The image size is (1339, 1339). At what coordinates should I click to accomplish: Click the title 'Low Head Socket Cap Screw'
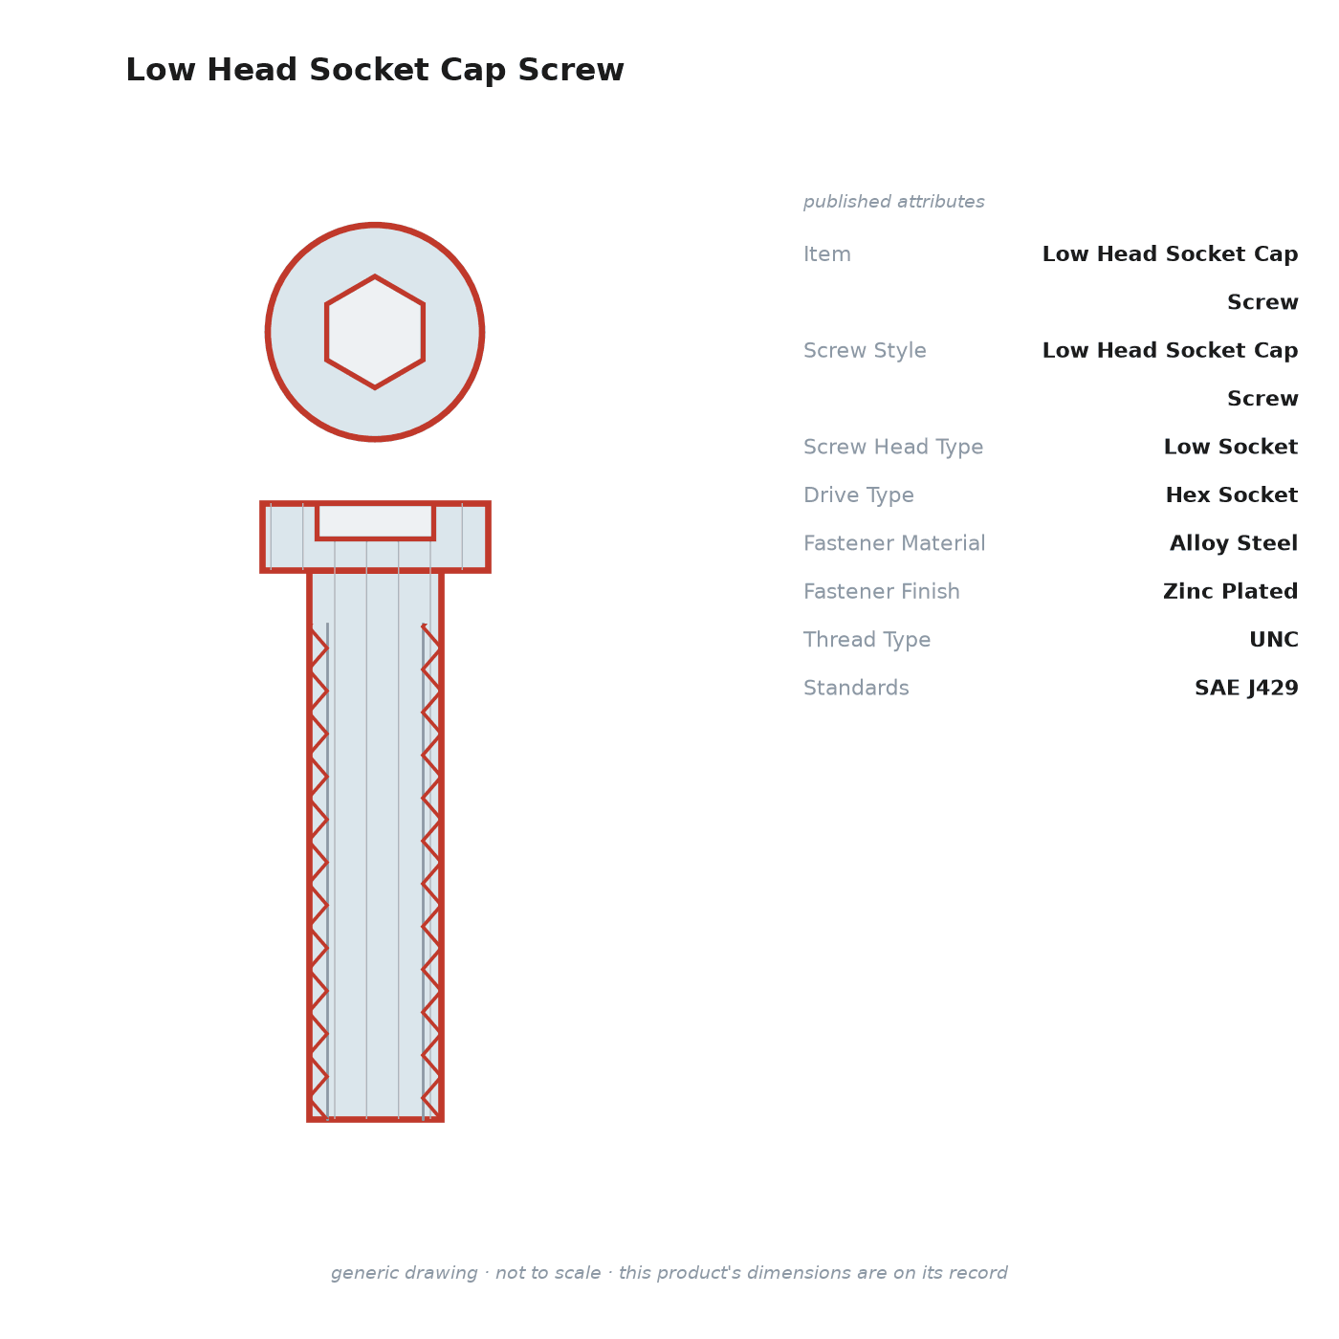pyautogui.click(x=375, y=70)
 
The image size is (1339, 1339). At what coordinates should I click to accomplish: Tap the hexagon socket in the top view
pyautogui.click(x=375, y=332)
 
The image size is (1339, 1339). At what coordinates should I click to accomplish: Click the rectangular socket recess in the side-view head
pyautogui.click(x=375, y=521)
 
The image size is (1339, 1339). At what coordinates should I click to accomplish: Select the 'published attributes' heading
pyautogui.click(x=893, y=202)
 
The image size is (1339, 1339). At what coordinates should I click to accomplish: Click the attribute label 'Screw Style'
pyautogui.click(x=865, y=350)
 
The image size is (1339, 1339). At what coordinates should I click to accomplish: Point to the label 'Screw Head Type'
pyautogui.click(x=893, y=447)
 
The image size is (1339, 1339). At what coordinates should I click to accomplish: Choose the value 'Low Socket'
pyautogui.click(x=1231, y=447)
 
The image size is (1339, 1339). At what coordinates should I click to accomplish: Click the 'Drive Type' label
pyautogui.click(x=858, y=494)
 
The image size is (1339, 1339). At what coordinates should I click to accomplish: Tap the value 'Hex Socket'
pyautogui.click(x=1231, y=494)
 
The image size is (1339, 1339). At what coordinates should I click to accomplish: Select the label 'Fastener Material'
pyautogui.click(x=894, y=543)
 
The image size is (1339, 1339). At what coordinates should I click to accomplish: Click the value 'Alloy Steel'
pyautogui.click(x=1234, y=543)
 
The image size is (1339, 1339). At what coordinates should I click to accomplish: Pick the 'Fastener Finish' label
pyautogui.click(x=881, y=591)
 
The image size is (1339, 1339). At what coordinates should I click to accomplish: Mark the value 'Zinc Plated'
pyautogui.click(x=1230, y=591)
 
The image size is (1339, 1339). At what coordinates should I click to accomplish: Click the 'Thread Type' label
pyautogui.click(x=867, y=639)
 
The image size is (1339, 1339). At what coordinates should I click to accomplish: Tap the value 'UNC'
pyautogui.click(x=1274, y=639)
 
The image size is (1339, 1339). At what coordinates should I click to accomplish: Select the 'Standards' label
pyautogui.click(x=856, y=688)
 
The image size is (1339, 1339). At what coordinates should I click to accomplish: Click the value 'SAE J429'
pyautogui.click(x=1246, y=688)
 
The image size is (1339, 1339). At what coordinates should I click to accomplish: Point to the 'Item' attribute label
pyautogui.click(x=827, y=254)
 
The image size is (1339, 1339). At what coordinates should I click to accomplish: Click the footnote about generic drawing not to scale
pyautogui.click(x=669, y=1272)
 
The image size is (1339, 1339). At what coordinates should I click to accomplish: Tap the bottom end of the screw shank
pyautogui.click(x=375, y=1119)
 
